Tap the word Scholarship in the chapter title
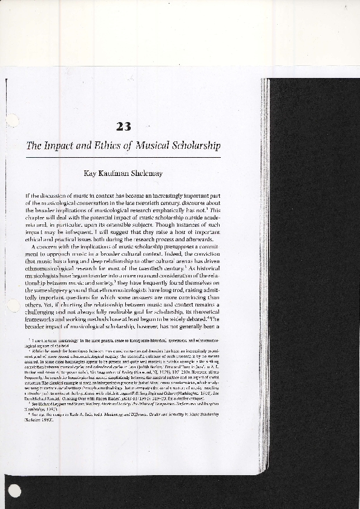tap(195, 146)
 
